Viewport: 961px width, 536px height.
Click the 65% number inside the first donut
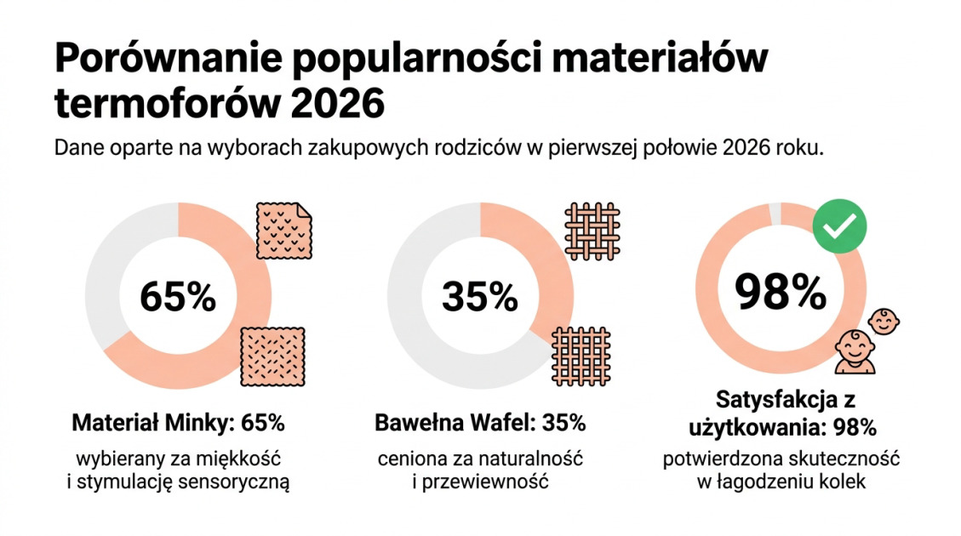coord(178,297)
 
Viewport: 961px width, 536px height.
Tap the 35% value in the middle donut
coord(479,297)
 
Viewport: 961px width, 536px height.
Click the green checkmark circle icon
coord(839,225)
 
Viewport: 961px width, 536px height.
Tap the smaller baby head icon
coord(884,322)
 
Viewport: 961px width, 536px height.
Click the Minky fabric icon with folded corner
coord(284,231)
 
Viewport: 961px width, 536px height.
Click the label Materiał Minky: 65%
coord(178,423)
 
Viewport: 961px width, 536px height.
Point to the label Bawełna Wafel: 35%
coord(480,423)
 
